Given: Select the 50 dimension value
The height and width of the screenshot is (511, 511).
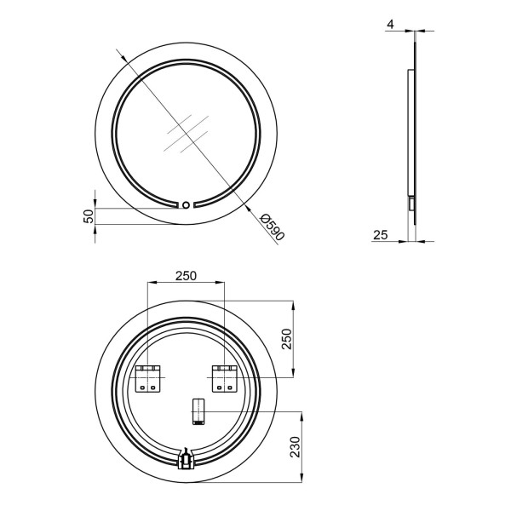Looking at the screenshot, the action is [89, 216].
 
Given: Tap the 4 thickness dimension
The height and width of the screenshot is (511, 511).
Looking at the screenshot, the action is [391, 25].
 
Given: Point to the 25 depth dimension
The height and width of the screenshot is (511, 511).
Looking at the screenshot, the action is [381, 235].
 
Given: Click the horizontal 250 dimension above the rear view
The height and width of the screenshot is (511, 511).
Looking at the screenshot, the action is [186, 276].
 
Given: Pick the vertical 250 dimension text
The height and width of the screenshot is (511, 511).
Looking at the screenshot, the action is [287, 339].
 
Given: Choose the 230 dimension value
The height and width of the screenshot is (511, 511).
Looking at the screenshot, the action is [295, 447].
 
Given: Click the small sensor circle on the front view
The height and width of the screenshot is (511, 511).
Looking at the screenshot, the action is [186, 205].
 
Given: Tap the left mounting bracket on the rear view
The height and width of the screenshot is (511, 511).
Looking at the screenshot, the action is [148, 379].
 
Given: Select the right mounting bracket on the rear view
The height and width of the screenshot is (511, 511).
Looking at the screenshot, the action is [225, 379].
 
